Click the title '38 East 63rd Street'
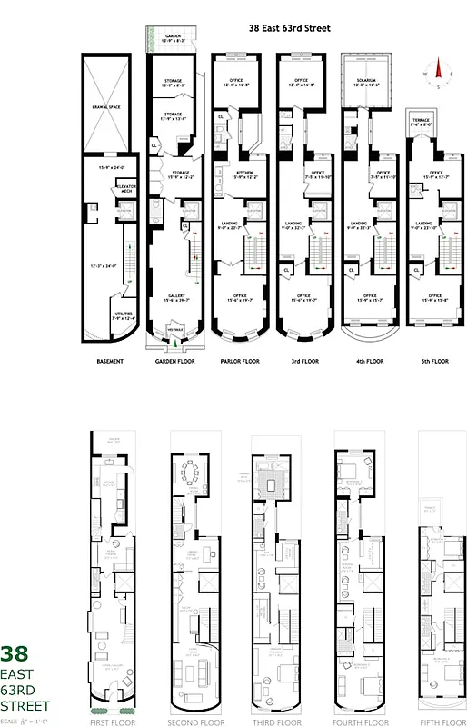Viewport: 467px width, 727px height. click(x=289, y=28)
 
